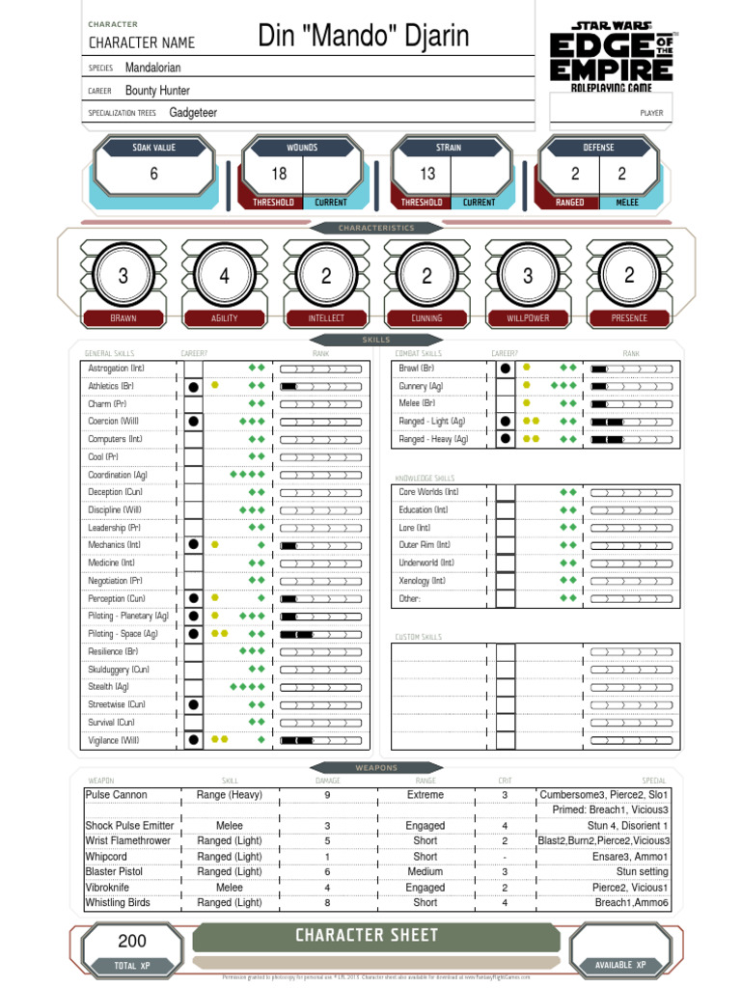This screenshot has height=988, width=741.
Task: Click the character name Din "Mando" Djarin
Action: coord(364,38)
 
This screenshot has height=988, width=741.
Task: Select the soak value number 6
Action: coord(153,174)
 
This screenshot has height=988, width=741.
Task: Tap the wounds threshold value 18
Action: coord(279,174)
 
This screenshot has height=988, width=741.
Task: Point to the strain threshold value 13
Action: coord(427,174)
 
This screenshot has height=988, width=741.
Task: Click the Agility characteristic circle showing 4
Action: coord(224,277)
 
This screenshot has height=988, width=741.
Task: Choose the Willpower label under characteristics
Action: coord(528,317)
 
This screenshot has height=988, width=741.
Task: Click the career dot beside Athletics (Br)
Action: coord(194,386)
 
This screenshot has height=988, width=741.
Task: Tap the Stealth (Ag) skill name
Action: coord(109,687)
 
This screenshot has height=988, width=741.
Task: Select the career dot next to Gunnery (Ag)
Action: coord(505,386)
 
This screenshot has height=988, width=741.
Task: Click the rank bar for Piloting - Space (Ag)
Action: coord(323,634)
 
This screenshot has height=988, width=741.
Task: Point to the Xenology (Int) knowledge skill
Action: coord(422,581)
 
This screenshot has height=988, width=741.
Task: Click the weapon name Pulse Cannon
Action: coord(117,795)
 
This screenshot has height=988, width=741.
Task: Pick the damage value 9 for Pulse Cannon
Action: coord(327,795)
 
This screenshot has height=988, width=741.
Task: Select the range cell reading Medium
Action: coord(425,871)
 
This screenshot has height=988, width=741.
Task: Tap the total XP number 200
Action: coord(132,942)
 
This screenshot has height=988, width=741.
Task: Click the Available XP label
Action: coord(620,965)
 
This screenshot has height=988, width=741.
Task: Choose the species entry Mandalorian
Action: coord(152,68)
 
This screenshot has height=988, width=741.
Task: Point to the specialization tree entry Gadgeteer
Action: coord(193,113)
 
